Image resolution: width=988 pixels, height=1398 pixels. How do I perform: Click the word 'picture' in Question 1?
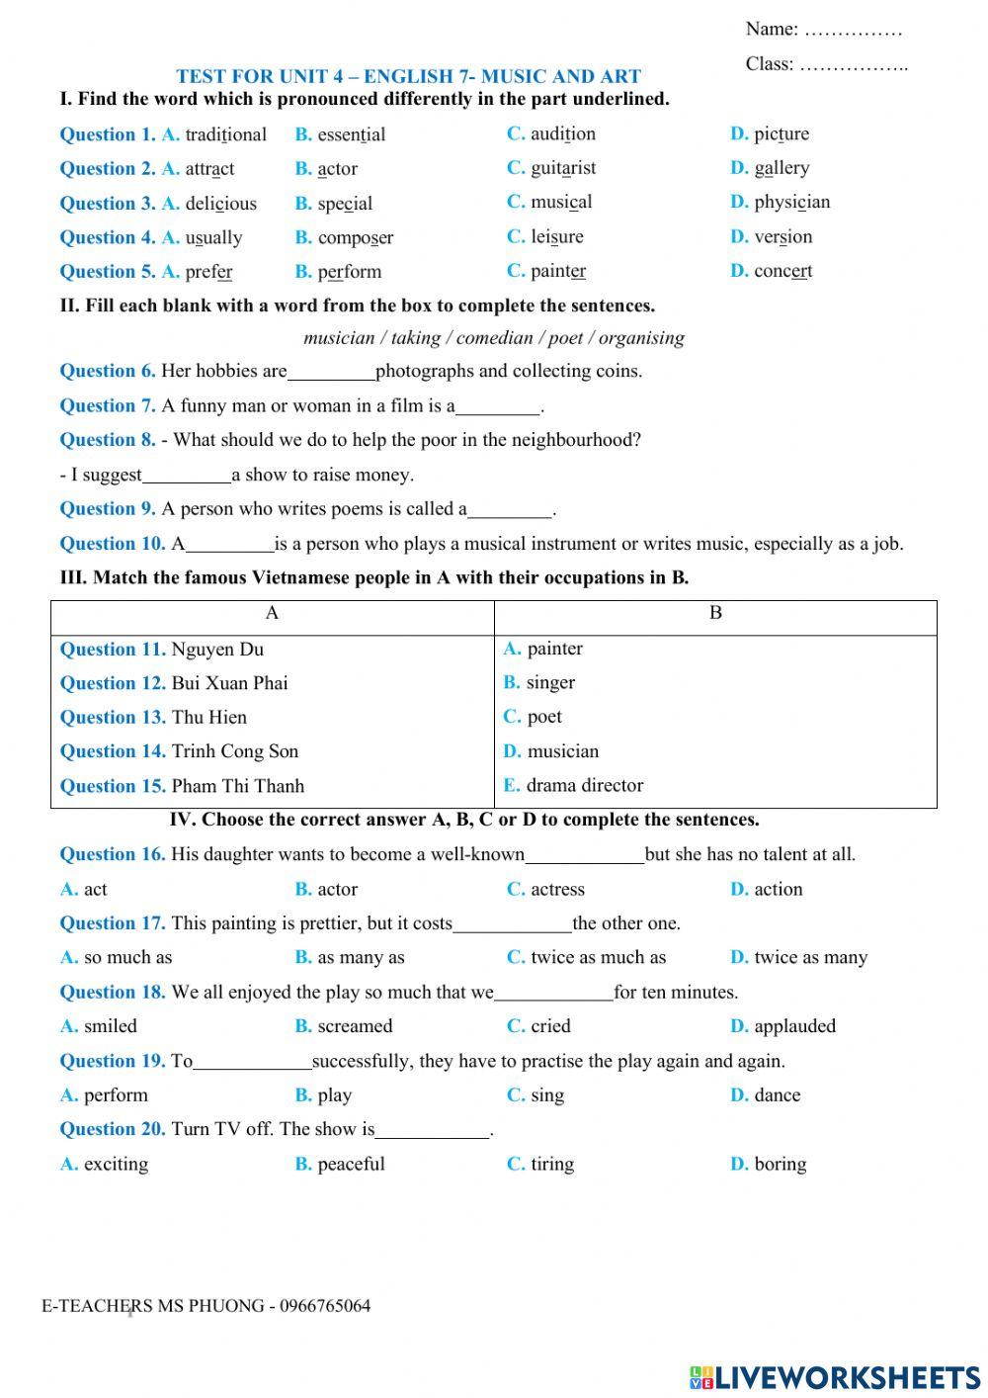pyautogui.click(x=781, y=133)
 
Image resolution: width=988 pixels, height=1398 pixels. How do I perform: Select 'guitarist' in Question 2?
pyautogui.click(x=563, y=168)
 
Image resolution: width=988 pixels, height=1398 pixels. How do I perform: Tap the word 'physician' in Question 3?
pyautogui.click(x=791, y=203)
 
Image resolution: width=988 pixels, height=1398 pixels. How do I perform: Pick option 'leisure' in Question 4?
pyautogui.click(x=557, y=237)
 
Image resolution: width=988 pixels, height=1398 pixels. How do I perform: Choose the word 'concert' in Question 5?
pyautogui.click(x=782, y=271)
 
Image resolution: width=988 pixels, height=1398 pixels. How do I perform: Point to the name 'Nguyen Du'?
pyautogui.click(x=217, y=650)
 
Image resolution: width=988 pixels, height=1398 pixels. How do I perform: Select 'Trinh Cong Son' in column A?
pyautogui.click(x=234, y=751)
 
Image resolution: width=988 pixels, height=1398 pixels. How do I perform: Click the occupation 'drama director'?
pyautogui.click(x=584, y=786)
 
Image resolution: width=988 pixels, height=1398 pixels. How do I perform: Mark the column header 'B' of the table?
pyautogui.click(x=715, y=613)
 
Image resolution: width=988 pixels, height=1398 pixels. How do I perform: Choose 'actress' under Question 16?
pyautogui.click(x=557, y=890)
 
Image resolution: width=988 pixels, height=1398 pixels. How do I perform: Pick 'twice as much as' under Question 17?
pyautogui.click(x=598, y=958)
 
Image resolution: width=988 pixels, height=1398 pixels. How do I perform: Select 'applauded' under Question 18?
pyautogui.click(x=794, y=1026)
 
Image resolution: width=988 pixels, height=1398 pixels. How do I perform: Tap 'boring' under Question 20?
pyautogui.click(x=780, y=1165)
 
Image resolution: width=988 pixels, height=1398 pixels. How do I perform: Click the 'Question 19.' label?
pyautogui.click(x=112, y=1061)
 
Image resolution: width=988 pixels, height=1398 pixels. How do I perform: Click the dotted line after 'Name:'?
pyautogui.click(x=853, y=31)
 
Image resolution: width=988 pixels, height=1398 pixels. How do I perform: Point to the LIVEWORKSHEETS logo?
pyautogui.click(x=835, y=1377)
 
